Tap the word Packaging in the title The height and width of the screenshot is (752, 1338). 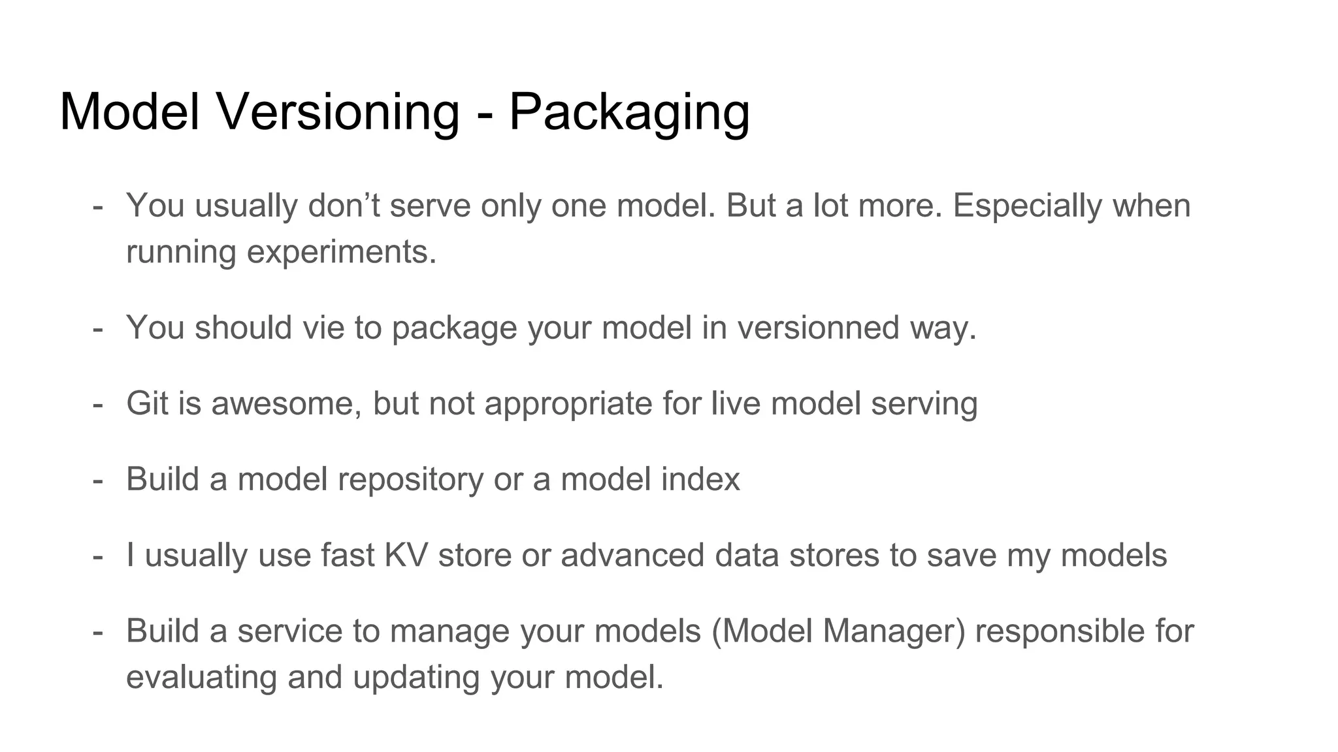click(628, 112)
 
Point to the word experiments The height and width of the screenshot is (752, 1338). click(341, 252)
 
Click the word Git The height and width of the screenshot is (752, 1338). click(148, 403)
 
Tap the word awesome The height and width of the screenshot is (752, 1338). click(286, 403)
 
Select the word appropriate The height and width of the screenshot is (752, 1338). click(568, 404)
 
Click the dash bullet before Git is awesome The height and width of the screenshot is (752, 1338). click(98, 404)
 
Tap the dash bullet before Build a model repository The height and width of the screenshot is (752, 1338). click(98, 480)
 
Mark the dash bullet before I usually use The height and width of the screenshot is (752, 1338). click(98, 556)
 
